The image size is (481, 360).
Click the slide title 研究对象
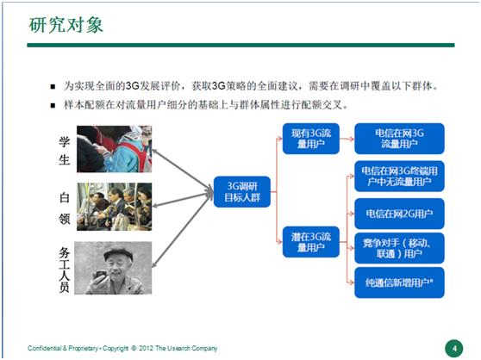(66, 25)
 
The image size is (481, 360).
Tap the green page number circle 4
(454, 348)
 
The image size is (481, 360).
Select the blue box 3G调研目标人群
(242, 192)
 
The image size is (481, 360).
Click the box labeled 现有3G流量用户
(310, 139)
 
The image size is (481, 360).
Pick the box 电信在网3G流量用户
(399, 139)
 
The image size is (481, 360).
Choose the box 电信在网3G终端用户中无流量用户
(399, 177)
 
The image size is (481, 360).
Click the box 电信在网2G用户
(399, 214)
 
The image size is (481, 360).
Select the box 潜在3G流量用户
(310, 242)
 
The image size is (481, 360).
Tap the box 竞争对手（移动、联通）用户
(399, 248)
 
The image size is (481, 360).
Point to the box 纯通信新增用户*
(399, 282)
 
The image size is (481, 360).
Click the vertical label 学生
(65, 151)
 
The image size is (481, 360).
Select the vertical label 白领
(65, 208)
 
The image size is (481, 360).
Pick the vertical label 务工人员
(65, 270)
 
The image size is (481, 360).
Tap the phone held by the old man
(100, 274)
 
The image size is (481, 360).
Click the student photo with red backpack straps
(114, 149)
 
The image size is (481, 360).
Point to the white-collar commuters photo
(114, 207)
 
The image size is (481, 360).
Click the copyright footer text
(122, 348)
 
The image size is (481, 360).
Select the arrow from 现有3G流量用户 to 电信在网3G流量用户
(347, 140)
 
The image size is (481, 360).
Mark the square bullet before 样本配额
(53, 106)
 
